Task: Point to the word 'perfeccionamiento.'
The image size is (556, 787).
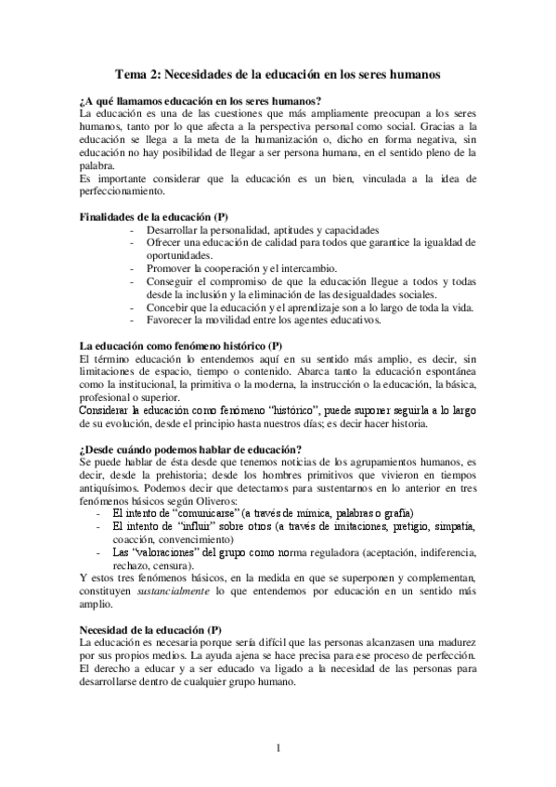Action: [x=123, y=192]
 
